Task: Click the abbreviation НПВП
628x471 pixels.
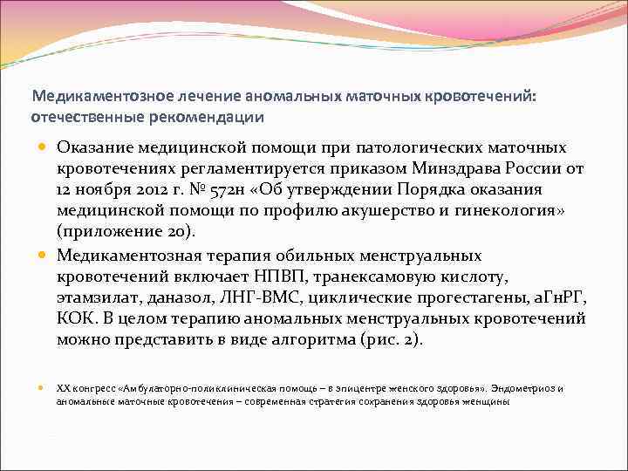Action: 266,276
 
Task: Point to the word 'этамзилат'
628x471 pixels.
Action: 99,298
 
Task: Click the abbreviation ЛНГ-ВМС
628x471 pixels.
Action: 263,298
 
